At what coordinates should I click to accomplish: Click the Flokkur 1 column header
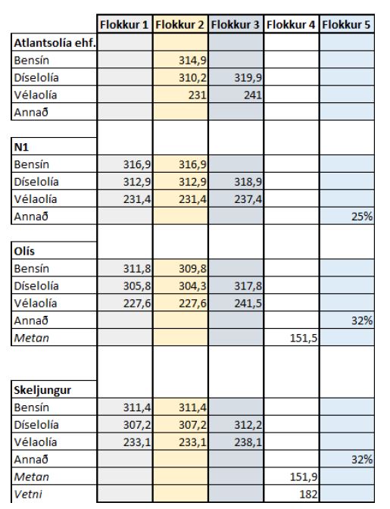pos(124,25)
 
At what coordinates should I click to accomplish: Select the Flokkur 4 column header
pos(291,25)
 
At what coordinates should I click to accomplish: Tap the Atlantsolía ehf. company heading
pos(55,43)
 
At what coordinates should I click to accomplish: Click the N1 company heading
pos(21,147)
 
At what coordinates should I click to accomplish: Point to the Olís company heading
pos(24,251)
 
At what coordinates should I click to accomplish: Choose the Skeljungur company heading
pos(42,390)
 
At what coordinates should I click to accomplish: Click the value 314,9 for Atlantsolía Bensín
pos(193,61)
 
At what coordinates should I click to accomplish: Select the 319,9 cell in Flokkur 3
pos(248,78)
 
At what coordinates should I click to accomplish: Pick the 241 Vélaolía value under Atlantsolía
pos(253,95)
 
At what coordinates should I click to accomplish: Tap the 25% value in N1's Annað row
pos(362,217)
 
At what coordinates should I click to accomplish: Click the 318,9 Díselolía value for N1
pos(248,182)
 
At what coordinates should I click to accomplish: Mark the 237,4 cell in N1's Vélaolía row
pos(248,199)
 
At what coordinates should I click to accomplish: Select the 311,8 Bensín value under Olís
pos(137,269)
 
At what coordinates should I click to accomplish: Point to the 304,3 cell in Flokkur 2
pos(193,286)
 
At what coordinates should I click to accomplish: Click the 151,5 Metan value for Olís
pos(304,339)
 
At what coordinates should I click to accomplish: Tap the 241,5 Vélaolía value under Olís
pos(248,304)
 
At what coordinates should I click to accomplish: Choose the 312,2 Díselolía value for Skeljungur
pos(248,425)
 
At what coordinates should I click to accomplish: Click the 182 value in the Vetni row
pos(308,495)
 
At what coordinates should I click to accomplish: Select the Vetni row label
pos(28,495)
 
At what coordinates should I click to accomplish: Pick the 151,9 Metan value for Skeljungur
pos(304,477)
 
